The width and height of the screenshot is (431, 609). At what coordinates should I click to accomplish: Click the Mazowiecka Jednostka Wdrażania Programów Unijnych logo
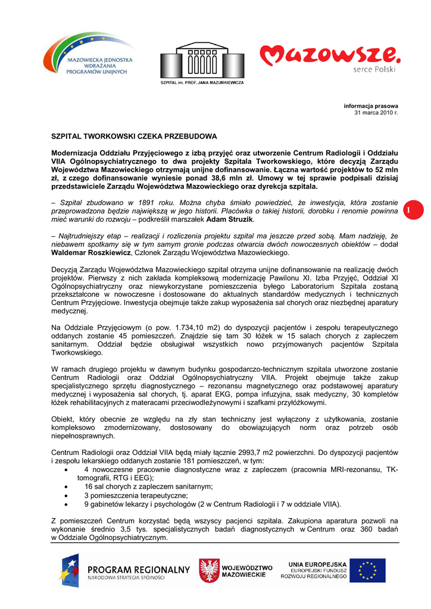tap(88, 56)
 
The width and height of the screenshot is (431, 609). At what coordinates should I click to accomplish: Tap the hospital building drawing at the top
tap(202, 59)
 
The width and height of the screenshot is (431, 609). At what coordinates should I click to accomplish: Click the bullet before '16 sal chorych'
tap(64, 486)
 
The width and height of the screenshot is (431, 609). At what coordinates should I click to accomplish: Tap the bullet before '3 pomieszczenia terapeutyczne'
tap(64, 495)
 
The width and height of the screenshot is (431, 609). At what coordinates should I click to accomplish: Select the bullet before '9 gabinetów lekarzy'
tap(64, 504)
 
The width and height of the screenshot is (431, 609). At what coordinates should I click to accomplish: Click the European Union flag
tap(367, 570)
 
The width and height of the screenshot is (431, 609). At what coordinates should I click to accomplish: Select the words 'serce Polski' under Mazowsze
tap(374, 69)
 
